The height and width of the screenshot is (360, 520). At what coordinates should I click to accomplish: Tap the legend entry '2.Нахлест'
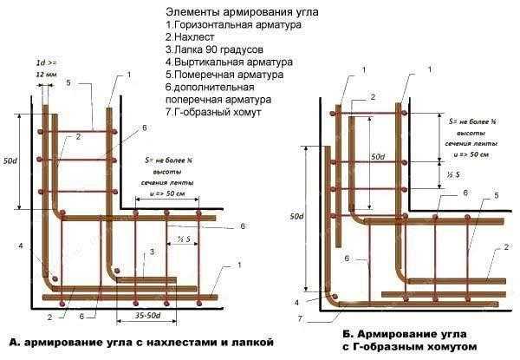point(192,37)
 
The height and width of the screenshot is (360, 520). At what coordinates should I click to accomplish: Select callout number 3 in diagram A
point(153,251)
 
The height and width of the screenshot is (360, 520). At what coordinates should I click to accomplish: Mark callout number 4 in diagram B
point(298,302)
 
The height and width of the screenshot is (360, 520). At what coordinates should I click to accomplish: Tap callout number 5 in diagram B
point(497,197)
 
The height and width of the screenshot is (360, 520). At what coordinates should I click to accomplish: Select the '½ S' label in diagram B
point(453,175)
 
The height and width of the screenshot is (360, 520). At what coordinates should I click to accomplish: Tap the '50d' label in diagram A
point(11,162)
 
